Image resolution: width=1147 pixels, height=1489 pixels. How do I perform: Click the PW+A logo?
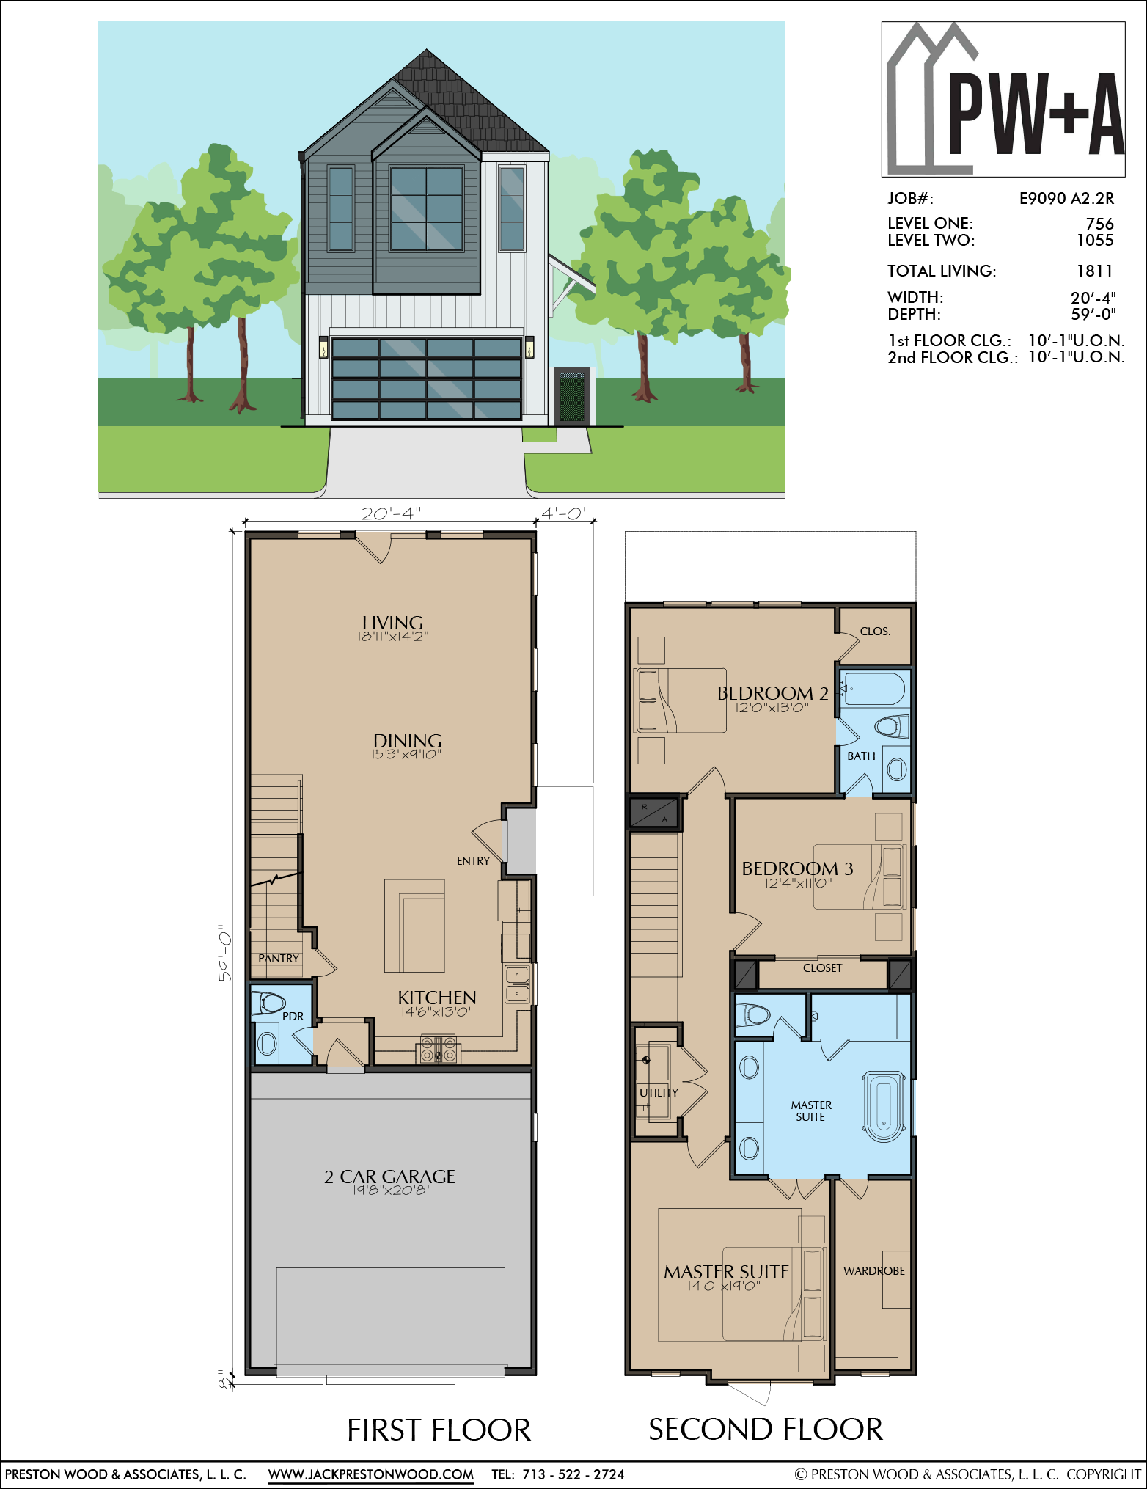coord(1003,100)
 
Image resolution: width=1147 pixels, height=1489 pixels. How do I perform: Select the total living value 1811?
coord(1094,271)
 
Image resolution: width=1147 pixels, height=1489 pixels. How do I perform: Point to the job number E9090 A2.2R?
coord(1066,198)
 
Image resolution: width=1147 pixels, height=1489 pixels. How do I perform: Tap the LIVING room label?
coord(392,623)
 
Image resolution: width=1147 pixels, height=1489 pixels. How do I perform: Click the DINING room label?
coord(407,741)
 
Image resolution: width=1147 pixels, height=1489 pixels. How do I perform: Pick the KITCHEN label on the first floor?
coord(437,998)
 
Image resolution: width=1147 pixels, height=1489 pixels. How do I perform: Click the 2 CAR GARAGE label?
coord(389,1177)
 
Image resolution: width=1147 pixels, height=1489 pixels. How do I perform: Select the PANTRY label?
coord(279,959)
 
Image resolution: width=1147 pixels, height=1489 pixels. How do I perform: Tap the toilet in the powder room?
coord(268,1003)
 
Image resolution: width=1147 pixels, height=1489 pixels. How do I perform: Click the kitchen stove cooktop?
coord(439,1050)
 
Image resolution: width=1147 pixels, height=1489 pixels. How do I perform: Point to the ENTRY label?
coord(473,861)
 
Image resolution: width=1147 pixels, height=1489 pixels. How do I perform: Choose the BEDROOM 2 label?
coord(772,693)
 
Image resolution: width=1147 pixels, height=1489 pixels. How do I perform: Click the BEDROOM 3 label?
coord(797,868)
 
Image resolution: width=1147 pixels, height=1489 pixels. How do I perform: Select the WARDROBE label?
coord(874,1271)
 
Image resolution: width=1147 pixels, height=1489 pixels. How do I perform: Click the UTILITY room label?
coord(659,1093)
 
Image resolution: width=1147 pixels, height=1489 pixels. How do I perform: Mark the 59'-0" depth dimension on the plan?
coord(225,953)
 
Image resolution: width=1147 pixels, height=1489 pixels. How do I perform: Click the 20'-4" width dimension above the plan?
coord(391,513)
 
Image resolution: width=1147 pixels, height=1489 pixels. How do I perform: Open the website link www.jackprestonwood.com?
coord(371,1474)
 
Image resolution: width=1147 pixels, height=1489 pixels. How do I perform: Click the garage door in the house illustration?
coord(426,378)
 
